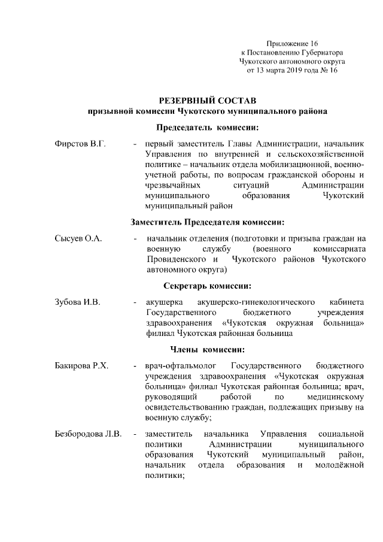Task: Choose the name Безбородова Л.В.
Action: pos(87,433)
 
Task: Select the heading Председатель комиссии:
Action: pos(207,128)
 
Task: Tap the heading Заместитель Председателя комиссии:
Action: pos(207,222)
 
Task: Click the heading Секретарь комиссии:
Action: pos(207,285)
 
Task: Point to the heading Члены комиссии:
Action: pos(207,349)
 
